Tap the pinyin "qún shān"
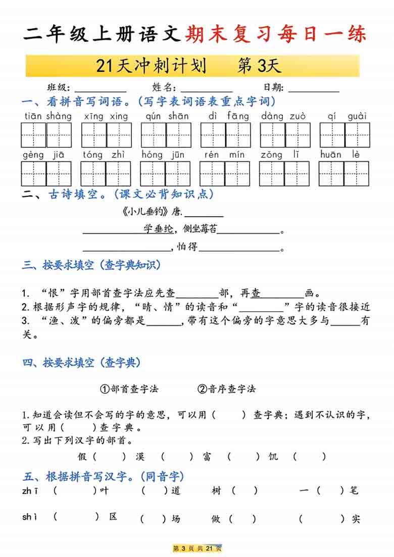(167, 116)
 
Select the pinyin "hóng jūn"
(163, 155)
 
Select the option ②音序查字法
(227, 388)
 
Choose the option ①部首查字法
(129, 388)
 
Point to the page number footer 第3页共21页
(197, 548)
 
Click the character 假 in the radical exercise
(83, 457)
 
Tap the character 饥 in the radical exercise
(273, 457)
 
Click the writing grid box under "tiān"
(33, 135)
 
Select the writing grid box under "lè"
(357, 173)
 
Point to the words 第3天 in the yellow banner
(259, 66)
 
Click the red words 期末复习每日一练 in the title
(276, 34)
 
